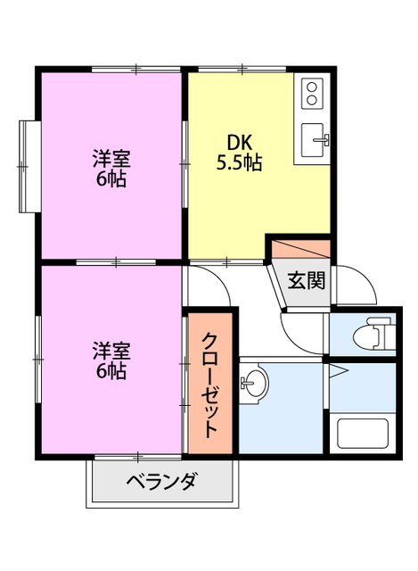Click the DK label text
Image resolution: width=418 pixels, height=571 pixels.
click(x=239, y=144)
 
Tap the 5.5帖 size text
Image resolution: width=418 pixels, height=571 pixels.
click(x=239, y=163)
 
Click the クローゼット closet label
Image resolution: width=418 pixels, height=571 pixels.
click(x=210, y=385)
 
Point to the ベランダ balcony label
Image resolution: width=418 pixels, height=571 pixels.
click(x=160, y=484)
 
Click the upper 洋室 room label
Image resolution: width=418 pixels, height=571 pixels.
click(x=111, y=160)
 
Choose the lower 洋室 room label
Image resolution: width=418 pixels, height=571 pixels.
click(x=111, y=349)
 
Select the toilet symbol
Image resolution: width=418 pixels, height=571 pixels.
click(x=369, y=338)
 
